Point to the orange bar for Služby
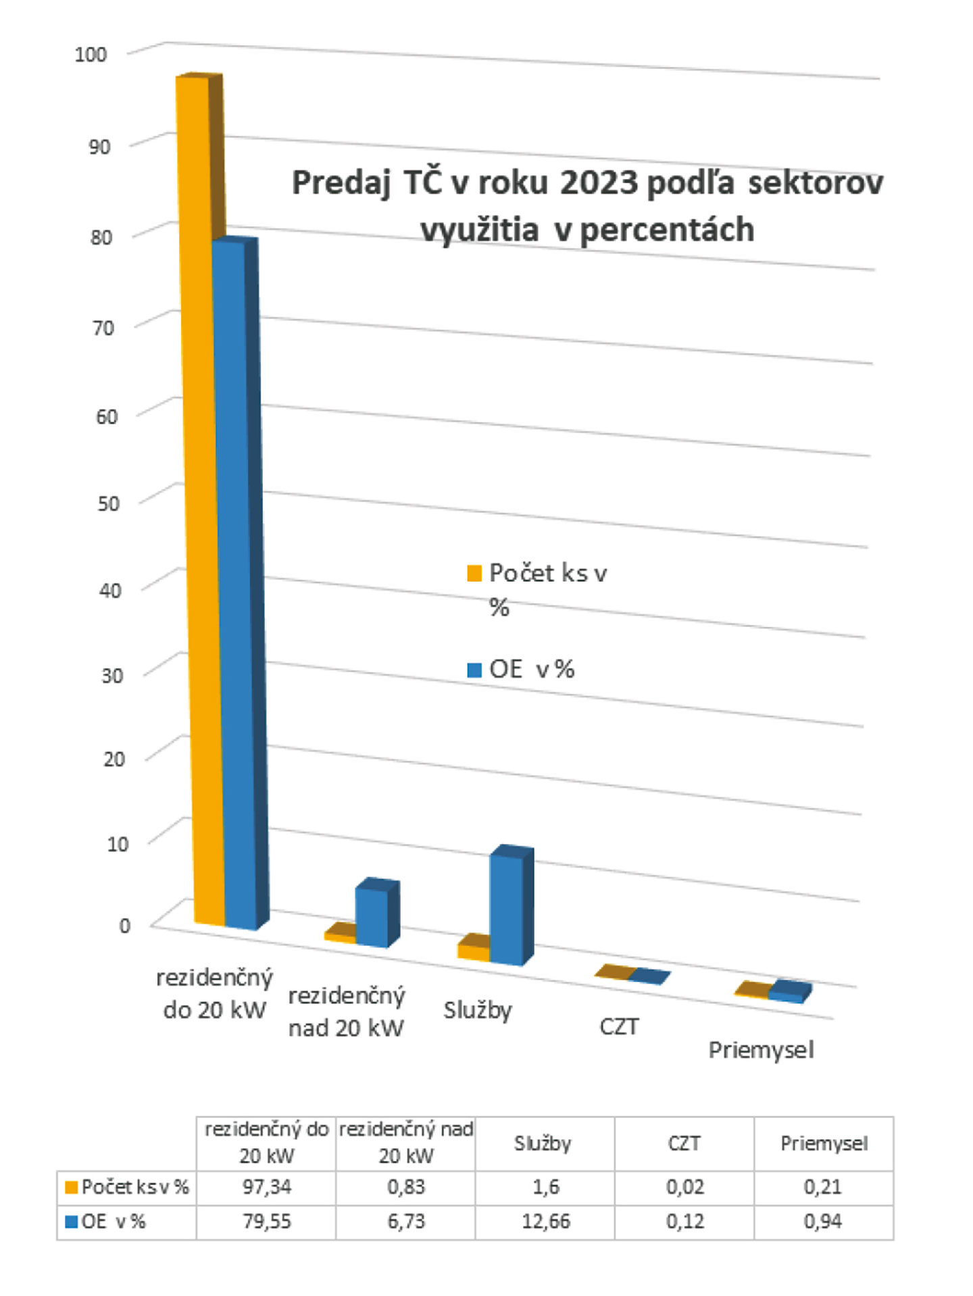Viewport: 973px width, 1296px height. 473,952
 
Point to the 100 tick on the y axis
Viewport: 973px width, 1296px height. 91,54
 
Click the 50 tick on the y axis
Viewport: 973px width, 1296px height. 108,503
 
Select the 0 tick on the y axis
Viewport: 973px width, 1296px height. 124,926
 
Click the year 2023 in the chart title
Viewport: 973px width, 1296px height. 599,182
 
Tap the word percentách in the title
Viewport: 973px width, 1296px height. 667,230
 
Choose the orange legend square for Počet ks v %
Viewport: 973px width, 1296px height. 474,574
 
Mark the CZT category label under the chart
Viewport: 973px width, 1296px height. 618,1026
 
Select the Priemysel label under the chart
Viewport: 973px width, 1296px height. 761,1050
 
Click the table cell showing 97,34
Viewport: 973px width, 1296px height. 266,1187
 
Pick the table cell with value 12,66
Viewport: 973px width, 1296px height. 545,1222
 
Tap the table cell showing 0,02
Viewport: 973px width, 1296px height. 684,1187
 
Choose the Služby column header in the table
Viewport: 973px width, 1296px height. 543,1143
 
